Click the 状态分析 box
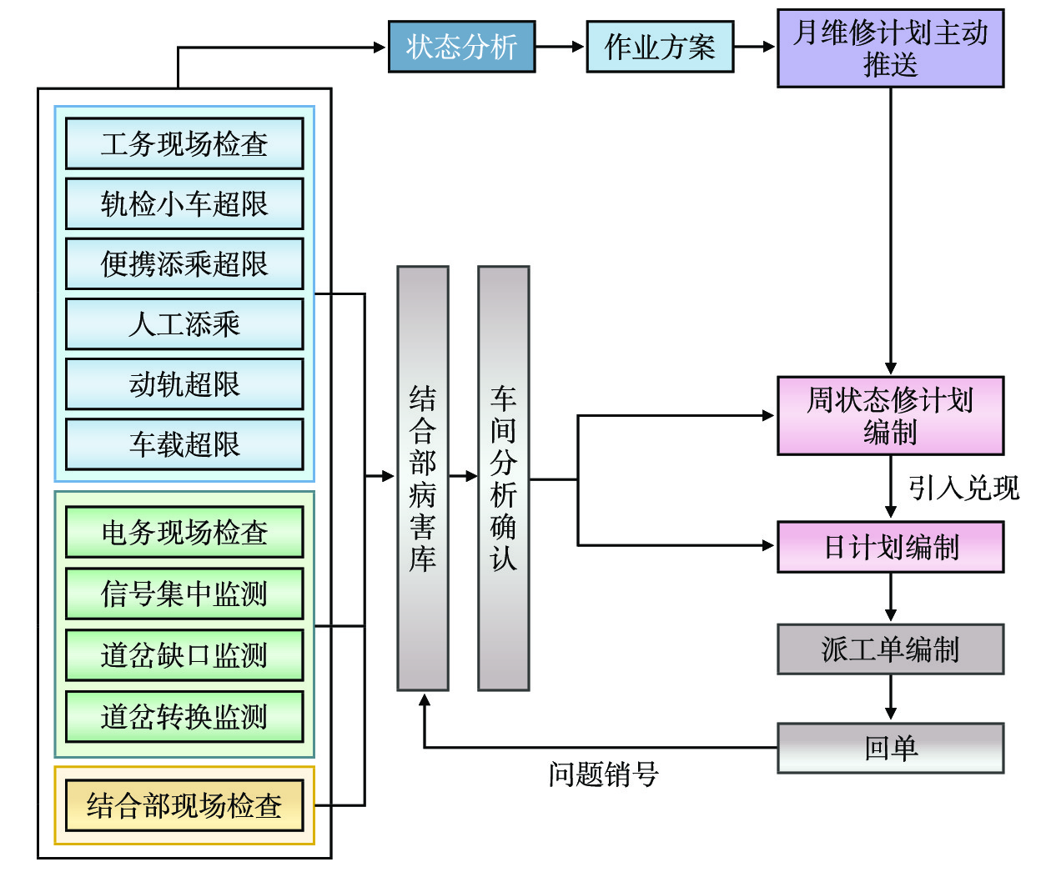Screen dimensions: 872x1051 [x=461, y=47]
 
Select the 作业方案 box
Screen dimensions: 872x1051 [x=660, y=47]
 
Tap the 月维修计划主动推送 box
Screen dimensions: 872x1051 [x=890, y=48]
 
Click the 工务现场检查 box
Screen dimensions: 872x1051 [x=184, y=143]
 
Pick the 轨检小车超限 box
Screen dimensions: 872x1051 [x=184, y=203]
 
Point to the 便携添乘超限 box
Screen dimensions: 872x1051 [x=184, y=263]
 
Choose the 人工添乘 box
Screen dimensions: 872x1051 [x=184, y=323]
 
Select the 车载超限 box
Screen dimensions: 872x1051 [x=184, y=444]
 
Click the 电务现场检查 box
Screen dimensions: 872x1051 [x=184, y=532]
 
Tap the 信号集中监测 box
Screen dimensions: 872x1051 [x=184, y=594]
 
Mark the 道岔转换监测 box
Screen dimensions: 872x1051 [x=184, y=716]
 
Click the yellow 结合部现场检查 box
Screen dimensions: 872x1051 [x=184, y=805]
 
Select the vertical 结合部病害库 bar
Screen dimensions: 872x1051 [x=423, y=479]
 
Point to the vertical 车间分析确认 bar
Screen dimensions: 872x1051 [x=503, y=479]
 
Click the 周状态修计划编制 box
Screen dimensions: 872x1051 [x=890, y=415]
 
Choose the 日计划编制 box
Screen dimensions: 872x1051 [x=890, y=547]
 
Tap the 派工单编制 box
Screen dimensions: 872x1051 [x=890, y=649]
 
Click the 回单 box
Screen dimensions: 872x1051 [x=890, y=748]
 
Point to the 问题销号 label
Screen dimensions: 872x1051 [x=603, y=774]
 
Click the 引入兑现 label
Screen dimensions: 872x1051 [x=963, y=488]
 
